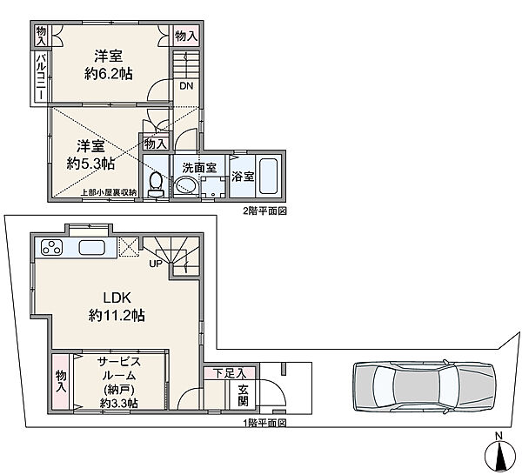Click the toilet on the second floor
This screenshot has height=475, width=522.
click(156, 185)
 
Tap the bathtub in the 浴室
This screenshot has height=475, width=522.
click(268, 177)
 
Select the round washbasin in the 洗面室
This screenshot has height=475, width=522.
click(186, 184)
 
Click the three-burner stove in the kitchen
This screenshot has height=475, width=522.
click(52, 247)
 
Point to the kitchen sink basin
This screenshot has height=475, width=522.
click(92, 248)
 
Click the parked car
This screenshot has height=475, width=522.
click(425, 387)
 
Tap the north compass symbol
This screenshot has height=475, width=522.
click(499, 453)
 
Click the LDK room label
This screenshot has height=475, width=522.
click(117, 298)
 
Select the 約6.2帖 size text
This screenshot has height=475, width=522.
click(108, 74)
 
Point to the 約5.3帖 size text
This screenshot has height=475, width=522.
click(90, 164)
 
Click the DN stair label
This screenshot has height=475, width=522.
click(186, 86)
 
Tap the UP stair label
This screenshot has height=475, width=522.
click(156, 264)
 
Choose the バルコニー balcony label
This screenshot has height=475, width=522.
click(41, 77)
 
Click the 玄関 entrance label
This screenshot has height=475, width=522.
click(243, 396)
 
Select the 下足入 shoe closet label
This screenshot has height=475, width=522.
click(230, 373)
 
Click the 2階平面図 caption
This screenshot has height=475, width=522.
click(265, 211)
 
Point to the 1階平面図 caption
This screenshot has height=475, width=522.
click(265, 423)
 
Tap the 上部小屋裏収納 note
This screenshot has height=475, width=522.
click(110, 192)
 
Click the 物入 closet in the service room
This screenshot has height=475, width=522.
click(61, 381)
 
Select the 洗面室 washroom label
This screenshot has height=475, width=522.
click(199, 167)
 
